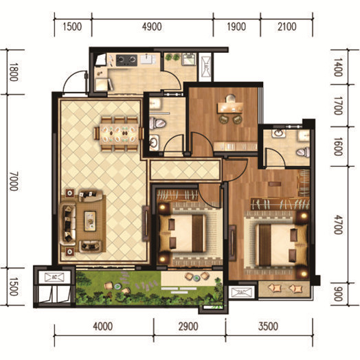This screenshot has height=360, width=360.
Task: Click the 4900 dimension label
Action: click(x=152, y=27)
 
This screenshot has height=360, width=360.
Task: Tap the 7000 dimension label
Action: click(x=14, y=181)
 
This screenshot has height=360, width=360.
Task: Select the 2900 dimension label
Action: click(x=188, y=326)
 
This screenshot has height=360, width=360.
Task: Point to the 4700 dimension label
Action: click(x=338, y=225)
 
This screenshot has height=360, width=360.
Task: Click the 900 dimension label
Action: click(x=338, y=294)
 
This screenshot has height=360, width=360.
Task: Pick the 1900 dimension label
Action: click(x=236, y=27)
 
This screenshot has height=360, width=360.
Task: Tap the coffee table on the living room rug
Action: click(x=90, y=221)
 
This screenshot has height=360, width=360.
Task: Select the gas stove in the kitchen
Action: click(x=126, y=60)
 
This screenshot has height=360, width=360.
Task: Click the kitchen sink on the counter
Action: click(x=148, y=59)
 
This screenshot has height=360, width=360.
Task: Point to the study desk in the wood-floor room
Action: click(x=230, y=107)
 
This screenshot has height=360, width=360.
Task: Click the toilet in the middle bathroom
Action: click(x=157, y=124)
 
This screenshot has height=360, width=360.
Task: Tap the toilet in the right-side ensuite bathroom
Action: click(x=303, y=153)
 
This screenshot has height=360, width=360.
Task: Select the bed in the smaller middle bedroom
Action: click(x=183, y=233)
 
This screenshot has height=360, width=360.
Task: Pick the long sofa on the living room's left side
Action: click(x=68, y=224)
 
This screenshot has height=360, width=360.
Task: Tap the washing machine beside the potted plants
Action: click(x=189, y=60)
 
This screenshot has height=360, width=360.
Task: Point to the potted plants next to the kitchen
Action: click(x=172, y=57)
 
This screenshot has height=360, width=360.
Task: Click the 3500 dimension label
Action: click(x=268, y=326)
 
